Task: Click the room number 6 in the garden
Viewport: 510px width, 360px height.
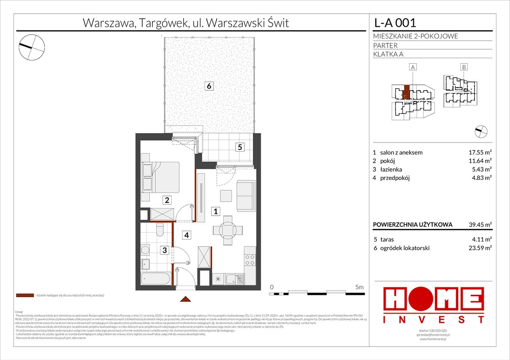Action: tap(209, 86)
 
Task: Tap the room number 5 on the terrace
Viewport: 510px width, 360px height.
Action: tap(239, 147)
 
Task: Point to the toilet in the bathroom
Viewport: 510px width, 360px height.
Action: tap(160, 231)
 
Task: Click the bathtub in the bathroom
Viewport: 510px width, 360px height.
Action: tap(156, 280)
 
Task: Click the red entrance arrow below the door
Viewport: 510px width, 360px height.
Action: tap(186, 299)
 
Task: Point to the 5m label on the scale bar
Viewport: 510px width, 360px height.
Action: tap(359, 287)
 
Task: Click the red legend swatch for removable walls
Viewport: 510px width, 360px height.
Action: tap(24, 296)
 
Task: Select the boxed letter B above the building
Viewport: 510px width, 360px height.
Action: tap(464, 67)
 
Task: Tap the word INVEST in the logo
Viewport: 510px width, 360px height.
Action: tap(434, 320)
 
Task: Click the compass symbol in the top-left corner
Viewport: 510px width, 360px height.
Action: tap(31, 46)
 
